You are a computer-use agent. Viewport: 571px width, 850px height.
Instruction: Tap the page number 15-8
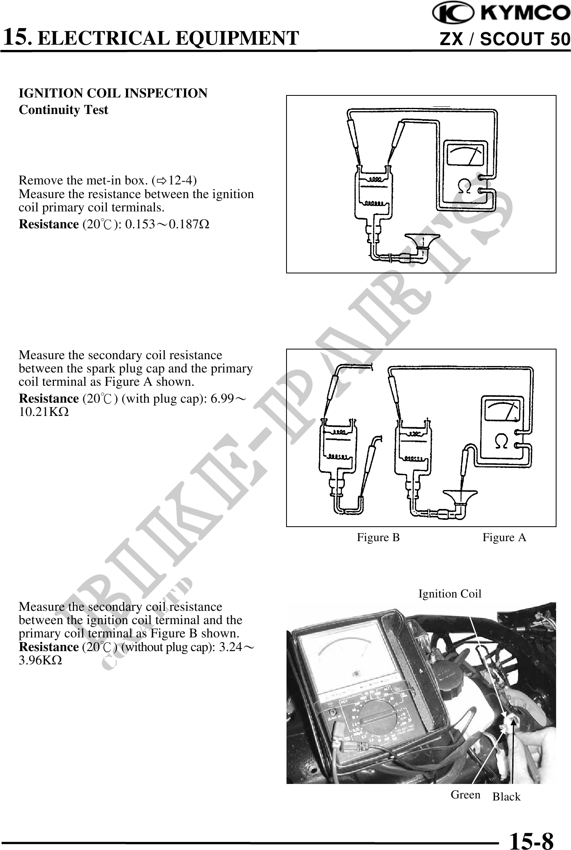tap(531, 839)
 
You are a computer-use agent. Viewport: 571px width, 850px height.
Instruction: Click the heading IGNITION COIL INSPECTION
tap(113, 93)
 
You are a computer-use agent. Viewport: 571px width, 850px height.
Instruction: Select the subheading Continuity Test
tap(64, 110)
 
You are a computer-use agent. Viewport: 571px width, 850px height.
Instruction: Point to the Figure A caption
tap(504, 537)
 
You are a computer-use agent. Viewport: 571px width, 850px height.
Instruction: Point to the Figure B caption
tap(378, 537)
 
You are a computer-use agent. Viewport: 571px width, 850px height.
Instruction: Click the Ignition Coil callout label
tap(449, 594)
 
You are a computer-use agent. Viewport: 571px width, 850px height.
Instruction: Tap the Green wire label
tap(465, 794)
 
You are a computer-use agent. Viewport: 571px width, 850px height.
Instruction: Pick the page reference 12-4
tap(182, 180)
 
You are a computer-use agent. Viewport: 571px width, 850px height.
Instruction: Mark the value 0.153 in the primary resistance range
tap(140, 224)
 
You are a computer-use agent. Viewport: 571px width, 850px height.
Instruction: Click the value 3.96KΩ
tap(40, 660)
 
